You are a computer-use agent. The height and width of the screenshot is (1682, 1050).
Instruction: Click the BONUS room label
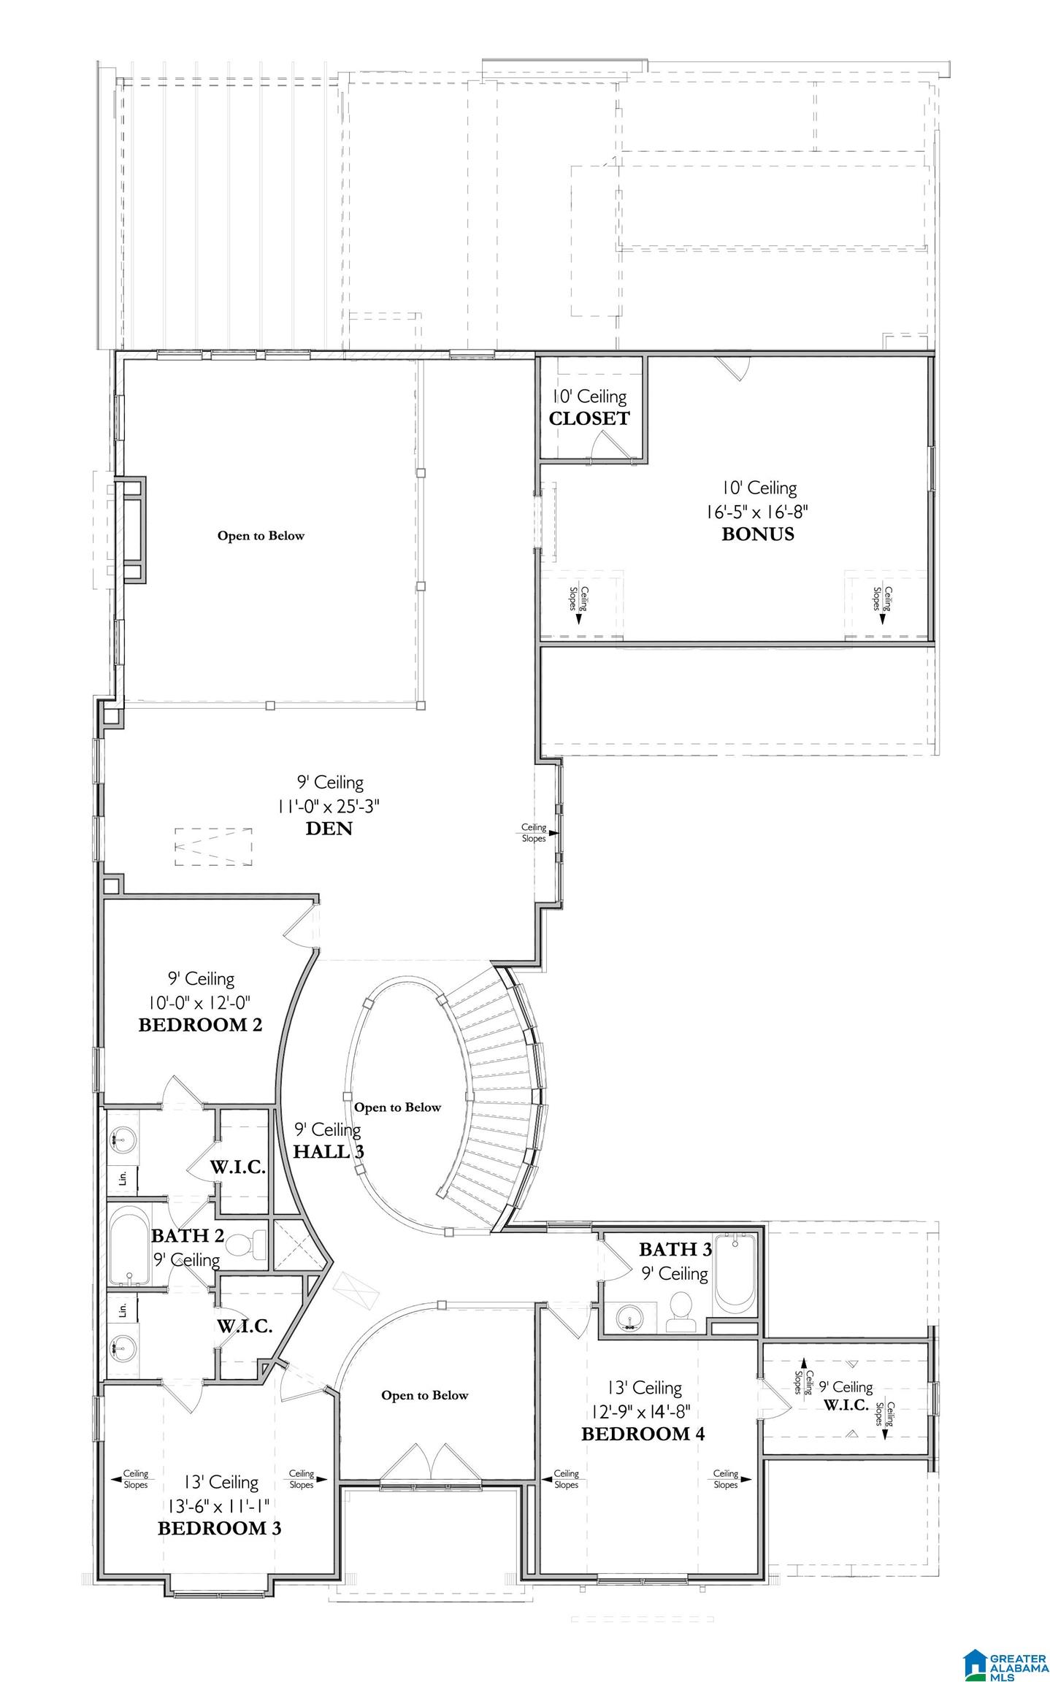pyautogui.click(x=757, y=534)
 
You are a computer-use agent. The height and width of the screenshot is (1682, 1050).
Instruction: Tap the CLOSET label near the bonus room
pyautogui.click(x=589, y=418)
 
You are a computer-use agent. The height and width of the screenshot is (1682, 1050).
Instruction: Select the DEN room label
pyautogui.click(x=329, y=829)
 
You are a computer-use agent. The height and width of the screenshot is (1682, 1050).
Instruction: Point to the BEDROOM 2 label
pyautogui.click(x=200, y=1025)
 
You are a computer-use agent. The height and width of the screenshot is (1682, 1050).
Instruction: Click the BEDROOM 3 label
pyautogui.click(x=219, y=1529)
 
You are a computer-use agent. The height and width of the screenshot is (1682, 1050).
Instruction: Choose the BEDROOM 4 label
pyautogui.click(x=643, y=1434)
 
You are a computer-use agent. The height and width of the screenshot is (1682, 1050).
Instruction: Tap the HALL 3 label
pyautogui.click(x=329, y=1151)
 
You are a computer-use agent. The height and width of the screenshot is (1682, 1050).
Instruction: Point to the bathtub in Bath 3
pyautogui.click(x=736, y=1273)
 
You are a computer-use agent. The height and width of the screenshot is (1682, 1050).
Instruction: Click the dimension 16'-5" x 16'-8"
pyautogui.click(x=756, y=511)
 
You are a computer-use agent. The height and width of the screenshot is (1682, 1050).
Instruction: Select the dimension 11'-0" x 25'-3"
pyautogui.click(x=329, y=806)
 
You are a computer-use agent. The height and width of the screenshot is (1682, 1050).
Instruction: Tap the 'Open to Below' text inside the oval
pyautogui.click(x=398, y=1107)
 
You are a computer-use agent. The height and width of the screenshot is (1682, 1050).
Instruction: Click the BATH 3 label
pyautogui.click(x=675, y=1249)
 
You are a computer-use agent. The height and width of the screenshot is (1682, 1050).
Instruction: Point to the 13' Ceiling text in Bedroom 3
pyautogui.click(x=221, y=1482)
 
